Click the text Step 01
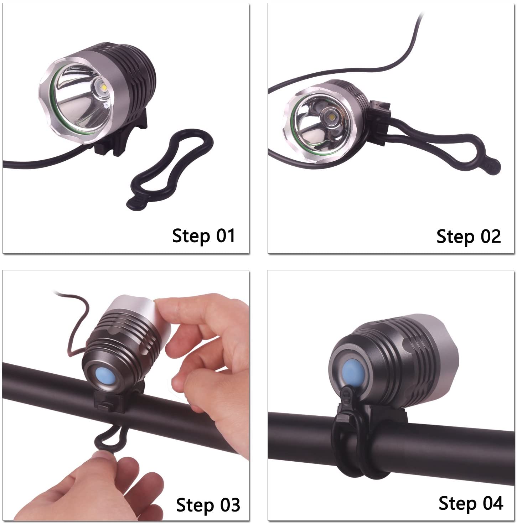tap(203, 236)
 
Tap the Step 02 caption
tap(469, 236)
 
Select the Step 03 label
tap(208, 497)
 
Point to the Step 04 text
tap(471, 496)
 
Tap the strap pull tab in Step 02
tap(492, 167)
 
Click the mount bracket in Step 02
tap(381, 123)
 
